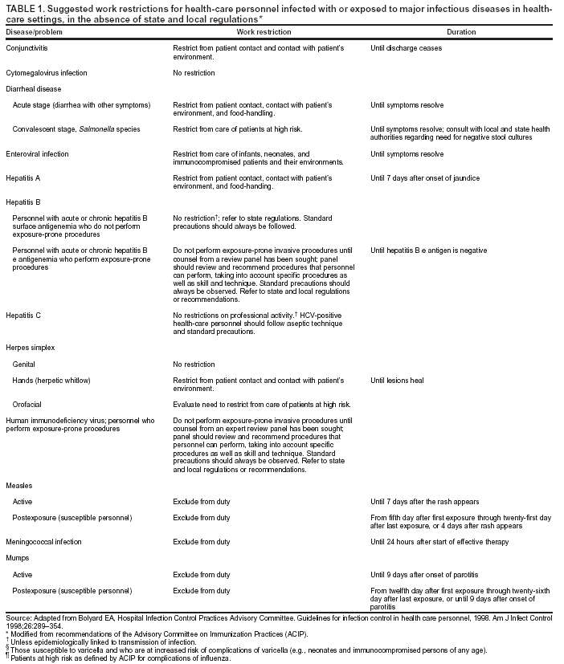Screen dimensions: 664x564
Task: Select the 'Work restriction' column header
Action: pos(264,32)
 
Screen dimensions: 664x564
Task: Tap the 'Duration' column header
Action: pos(461,32)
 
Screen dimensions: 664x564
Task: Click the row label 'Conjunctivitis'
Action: pos(27,48)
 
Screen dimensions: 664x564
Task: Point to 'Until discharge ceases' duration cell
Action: pos(406,48)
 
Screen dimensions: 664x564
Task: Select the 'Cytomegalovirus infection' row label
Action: pos(46,73)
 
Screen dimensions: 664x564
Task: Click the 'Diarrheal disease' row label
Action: pos(33,89)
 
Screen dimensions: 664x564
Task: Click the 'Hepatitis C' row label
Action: pos(25,315)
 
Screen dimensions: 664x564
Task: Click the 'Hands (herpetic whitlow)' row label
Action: pos(51,380)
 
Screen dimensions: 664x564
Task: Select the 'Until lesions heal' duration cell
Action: pos(397,380)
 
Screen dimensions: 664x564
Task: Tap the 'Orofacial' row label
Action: pos(28,404)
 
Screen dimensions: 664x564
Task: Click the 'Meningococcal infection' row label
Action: pos(43,542)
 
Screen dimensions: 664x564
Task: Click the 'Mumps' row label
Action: pos(17,558)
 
